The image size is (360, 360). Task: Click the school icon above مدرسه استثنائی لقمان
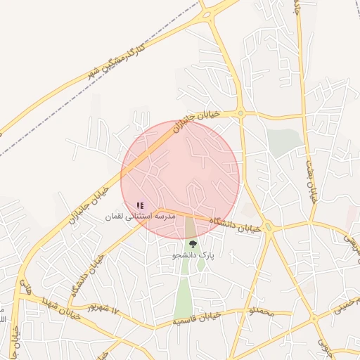pos(140,205)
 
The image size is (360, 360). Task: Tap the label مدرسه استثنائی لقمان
pos(139,217)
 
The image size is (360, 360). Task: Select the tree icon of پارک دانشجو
pos(193,244)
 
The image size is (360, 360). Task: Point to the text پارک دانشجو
pos(193,255)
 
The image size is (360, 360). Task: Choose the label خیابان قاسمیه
pos(197,318)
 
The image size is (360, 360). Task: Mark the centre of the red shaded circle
pos(180,179)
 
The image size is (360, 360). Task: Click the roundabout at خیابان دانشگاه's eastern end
pos(268,227)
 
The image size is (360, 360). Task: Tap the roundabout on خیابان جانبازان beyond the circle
pos(240,113)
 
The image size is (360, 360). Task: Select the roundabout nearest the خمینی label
pos(314,319)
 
